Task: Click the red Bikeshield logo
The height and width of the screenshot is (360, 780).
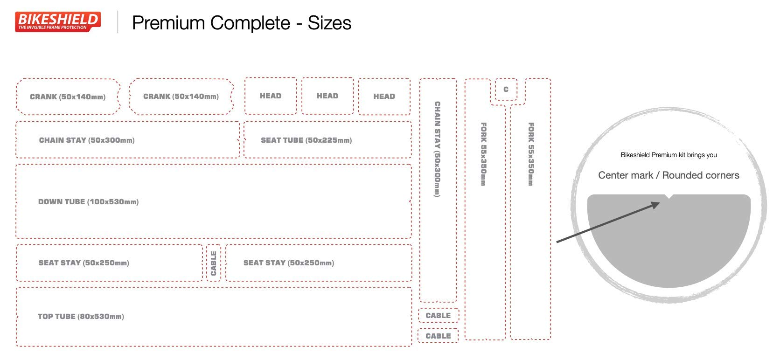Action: point(58,21)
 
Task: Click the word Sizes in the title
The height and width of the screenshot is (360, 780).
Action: point(329,23)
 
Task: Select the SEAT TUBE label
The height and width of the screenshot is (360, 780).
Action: point(282,140)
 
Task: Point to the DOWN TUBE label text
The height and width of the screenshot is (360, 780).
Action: point(62,202)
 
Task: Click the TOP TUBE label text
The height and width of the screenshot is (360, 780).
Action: point(56,317)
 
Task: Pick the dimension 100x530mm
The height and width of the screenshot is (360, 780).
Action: point(113,202)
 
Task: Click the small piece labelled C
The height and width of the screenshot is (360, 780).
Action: point(506,90)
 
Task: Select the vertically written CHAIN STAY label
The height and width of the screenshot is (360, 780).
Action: point(437,149)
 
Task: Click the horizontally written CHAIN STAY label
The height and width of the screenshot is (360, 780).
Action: point(63,140)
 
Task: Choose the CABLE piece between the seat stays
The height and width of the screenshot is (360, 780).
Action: point(214,263)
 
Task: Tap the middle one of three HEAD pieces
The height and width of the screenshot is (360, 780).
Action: point(327,96)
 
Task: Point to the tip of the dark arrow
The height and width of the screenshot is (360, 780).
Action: point(659,203)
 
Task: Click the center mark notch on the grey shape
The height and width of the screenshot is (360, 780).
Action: point(669,197)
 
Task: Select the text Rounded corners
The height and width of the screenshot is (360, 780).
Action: point(701,175)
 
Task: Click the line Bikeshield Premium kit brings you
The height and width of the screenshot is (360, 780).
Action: point(669,155)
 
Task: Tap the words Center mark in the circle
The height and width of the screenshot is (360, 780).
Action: point(626,175)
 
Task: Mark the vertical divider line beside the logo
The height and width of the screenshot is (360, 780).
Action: point(118,22)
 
